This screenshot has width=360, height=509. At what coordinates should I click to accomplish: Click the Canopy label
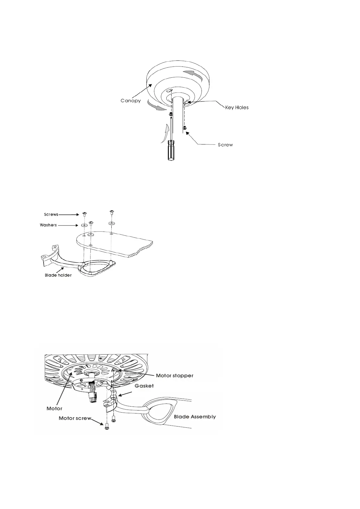[131, 101]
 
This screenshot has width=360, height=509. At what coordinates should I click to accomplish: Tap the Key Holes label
[237, 107]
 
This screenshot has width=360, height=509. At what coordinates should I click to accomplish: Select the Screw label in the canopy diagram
[225, 145]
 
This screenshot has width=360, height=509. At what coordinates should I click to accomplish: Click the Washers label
[48, 225]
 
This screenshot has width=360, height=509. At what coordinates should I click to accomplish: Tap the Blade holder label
[58, 275]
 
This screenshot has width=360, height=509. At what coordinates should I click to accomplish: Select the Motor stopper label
[175, 376]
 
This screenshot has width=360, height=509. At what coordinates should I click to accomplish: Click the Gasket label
[144, 386]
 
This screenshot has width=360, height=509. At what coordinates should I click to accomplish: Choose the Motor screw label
[75, 418]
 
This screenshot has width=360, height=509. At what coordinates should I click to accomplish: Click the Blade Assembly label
[195, 417]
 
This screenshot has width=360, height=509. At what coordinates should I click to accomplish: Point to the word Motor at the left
[54, 408]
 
